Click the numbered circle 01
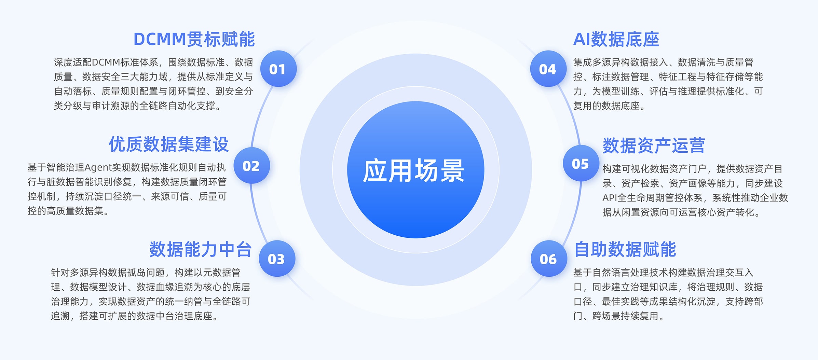coord(278,69)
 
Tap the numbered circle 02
coord(251,166)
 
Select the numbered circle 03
coord(277,259)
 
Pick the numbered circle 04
coord(548,69)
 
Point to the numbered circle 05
coord(581,163)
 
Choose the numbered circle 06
coord(549,259)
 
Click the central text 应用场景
coord(413,170)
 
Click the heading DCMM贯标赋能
coord(194,39)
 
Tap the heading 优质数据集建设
coord(169,144)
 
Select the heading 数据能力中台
coord(201,249)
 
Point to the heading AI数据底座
coord(616,39)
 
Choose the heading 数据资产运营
coord(654,146)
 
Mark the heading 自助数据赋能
coord(625,249)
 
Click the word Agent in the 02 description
coord(98,168)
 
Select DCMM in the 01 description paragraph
coord(106,63)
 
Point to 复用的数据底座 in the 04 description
coord(606,106)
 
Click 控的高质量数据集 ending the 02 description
coord(65,211)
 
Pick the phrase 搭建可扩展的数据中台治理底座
coord(146,316)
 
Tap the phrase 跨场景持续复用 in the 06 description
coord(625,316)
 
